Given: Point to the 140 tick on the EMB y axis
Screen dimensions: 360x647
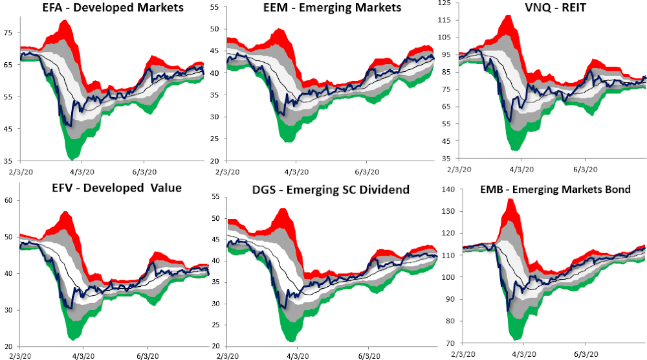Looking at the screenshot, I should (x=445, y=189).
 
